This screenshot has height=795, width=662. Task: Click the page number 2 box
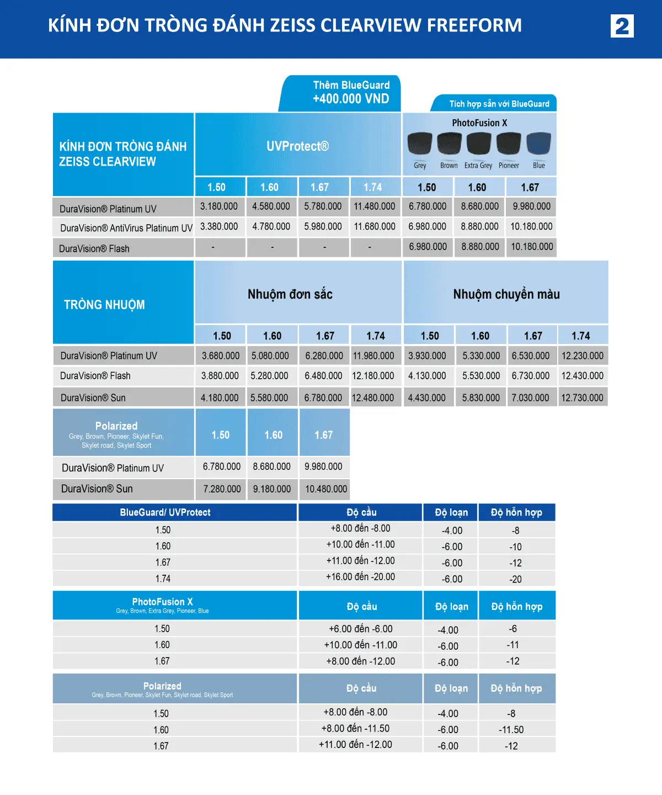click(622, 26)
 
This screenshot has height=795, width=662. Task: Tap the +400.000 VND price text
click(351, 99)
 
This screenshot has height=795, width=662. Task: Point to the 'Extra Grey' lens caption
click(478, 166)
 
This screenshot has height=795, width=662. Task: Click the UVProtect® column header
click(297, 146)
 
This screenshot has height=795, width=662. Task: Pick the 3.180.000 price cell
click(219, 206)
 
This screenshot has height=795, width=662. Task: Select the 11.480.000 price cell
click(375, 206)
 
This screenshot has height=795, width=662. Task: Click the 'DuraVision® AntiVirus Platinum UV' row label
click(126, 227)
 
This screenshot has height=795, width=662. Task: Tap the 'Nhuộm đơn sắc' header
click(290, 294)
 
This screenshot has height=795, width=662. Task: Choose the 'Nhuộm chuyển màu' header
click(506, 294)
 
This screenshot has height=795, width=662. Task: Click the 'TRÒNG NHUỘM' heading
click(104, 305)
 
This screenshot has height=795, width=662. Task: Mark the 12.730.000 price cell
click(582, 397)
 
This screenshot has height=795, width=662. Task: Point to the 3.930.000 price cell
click(427, 356)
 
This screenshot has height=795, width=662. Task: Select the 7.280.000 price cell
click(222, 489)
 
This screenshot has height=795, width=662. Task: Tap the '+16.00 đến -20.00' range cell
click(360, 577)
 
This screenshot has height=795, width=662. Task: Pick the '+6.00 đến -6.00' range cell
click(361, 629)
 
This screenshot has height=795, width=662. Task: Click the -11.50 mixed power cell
click(511, 730)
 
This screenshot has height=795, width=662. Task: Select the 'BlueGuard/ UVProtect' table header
click(165, 512)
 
